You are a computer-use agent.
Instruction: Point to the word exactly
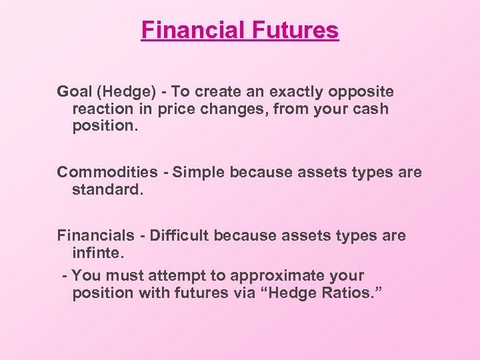[295, 92]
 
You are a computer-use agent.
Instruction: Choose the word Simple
[198, 173]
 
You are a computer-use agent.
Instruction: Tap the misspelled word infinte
[96, 253]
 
